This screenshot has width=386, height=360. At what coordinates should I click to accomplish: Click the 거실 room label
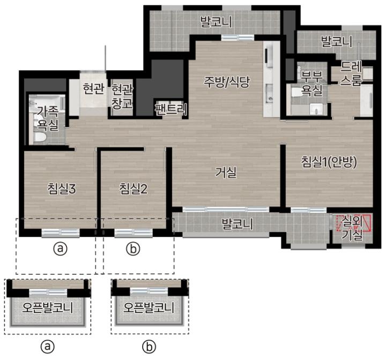tap(226, 172)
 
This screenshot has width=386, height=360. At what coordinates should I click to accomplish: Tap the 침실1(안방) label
tap(329, 162)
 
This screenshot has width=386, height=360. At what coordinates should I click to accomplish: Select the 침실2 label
tap(133, 189)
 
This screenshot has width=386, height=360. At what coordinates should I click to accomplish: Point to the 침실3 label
tap(62, 189)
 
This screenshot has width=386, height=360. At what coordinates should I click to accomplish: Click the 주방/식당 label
tap(227, 81)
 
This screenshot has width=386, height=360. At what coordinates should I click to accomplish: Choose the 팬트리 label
tap(171, 109)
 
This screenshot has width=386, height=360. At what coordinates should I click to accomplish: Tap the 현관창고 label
tap(122, 96)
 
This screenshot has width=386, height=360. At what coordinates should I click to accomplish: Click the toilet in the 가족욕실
tap(40, 138)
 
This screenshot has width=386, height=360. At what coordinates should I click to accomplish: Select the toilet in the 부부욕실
tap(297, 93)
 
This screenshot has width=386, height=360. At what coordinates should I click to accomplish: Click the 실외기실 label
tap(352, 228)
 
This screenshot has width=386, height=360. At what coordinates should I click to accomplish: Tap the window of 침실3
tap(61, 232)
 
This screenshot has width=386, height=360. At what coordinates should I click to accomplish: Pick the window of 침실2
tap(133, 232)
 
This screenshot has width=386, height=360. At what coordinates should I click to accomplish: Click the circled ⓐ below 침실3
tap(60, 249)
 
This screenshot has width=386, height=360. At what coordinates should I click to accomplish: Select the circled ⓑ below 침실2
tap(133, 249)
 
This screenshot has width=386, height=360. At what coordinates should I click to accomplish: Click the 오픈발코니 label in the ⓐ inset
tap(48, 307)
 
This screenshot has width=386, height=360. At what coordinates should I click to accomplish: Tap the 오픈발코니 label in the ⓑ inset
tap(149, 307)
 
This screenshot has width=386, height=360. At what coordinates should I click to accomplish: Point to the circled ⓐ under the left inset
tap(47, 347)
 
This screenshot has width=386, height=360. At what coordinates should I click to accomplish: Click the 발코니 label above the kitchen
tap(216, 21)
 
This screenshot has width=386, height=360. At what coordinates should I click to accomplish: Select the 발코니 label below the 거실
tap(237, 224)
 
